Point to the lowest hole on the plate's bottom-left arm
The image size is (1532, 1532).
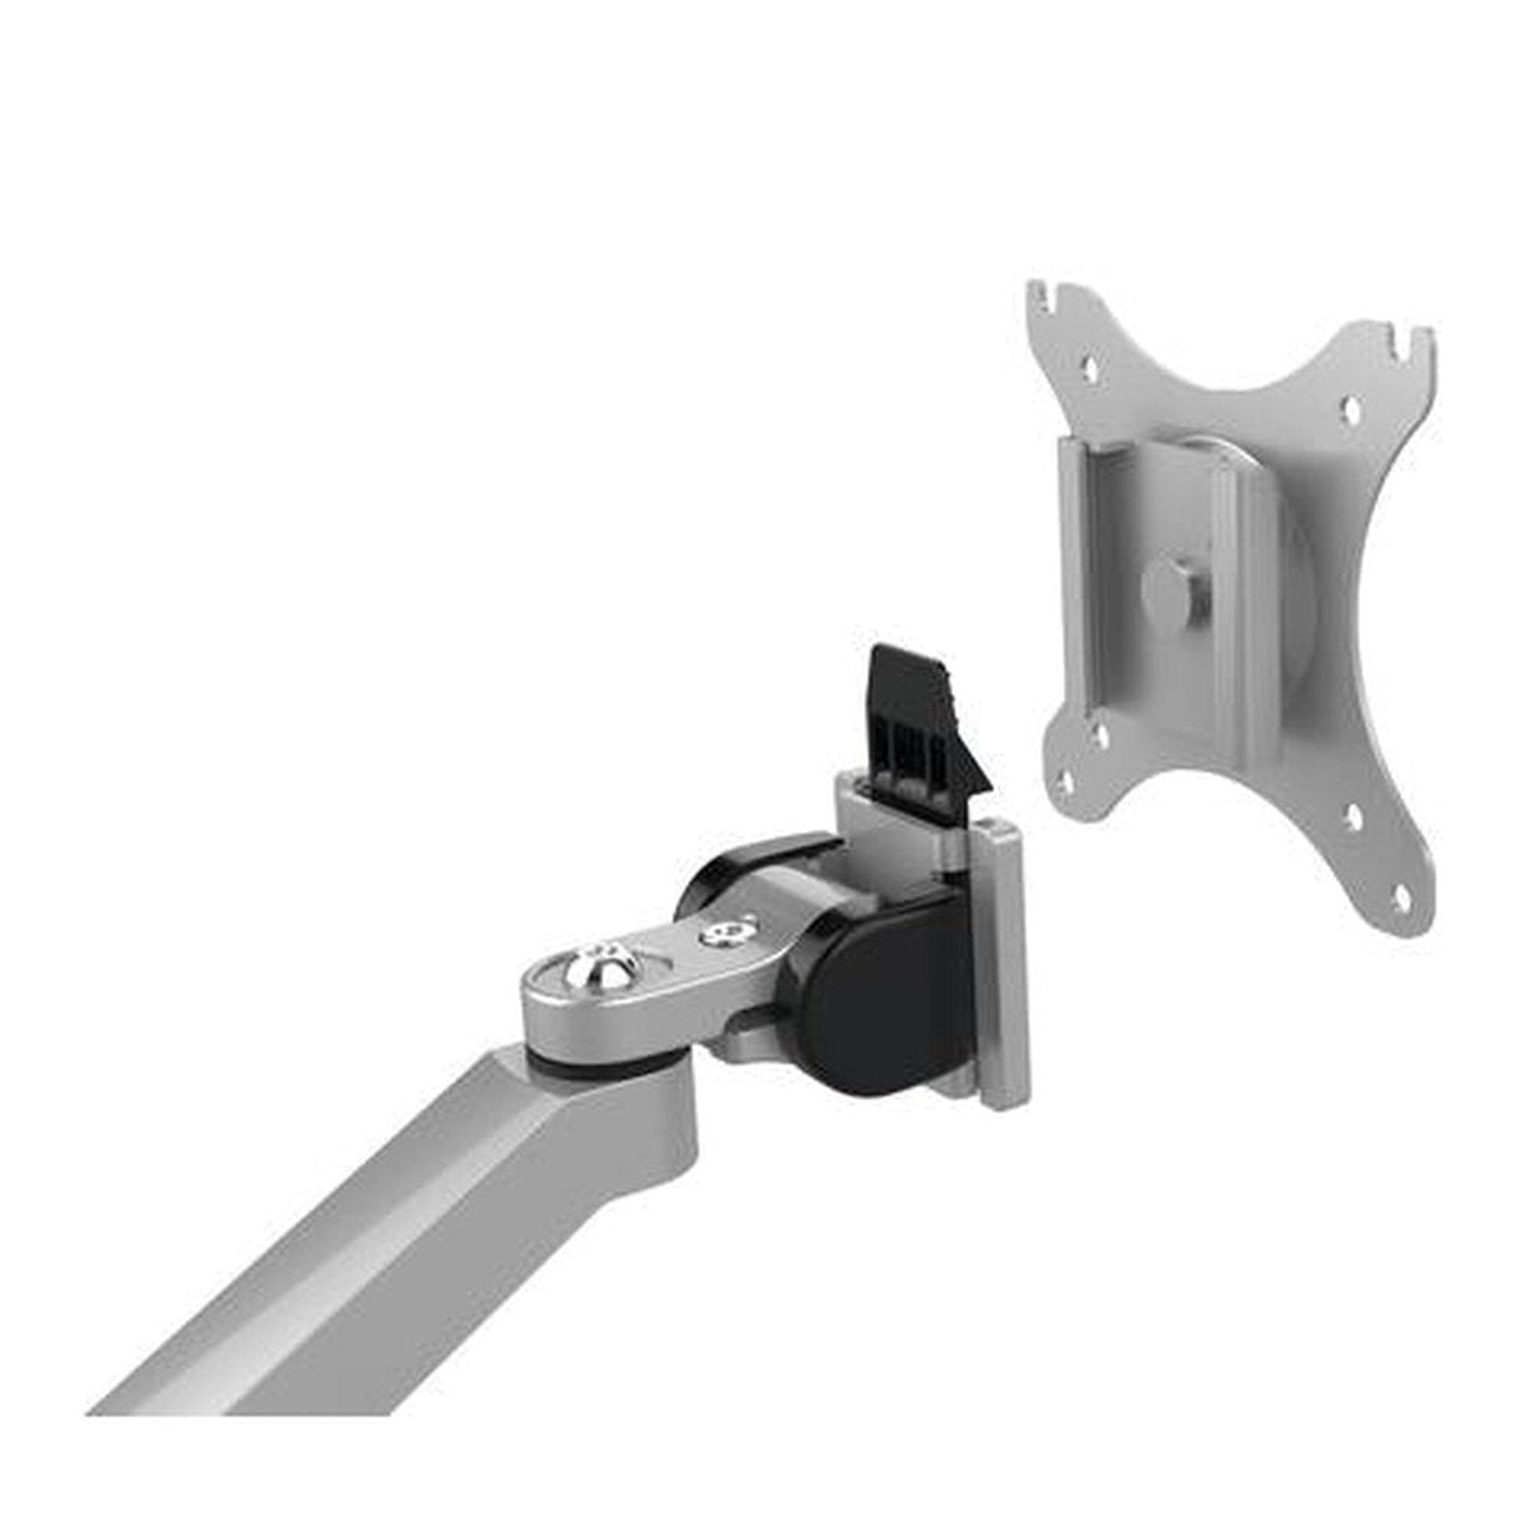coord(1067,782)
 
